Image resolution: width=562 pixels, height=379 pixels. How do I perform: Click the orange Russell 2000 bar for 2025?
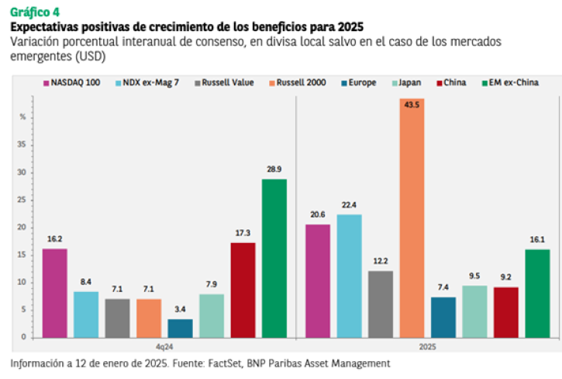click(x=412, y=218)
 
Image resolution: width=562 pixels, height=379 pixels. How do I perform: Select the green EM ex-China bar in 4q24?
click(x=274, y=259)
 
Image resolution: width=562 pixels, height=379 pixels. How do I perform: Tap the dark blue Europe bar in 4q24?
click(x=180, y=329)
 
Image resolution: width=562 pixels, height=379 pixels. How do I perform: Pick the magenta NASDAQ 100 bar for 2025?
click(x=318, y=281)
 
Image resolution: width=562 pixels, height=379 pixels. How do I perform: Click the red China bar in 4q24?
click(x=243, y=290)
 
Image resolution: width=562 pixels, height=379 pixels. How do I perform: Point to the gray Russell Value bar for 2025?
click(x=381, y=304)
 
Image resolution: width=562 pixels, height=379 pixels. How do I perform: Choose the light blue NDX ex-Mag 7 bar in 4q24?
click(x=86, y=315)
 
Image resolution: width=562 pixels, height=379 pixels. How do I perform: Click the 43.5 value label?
click(x=412, y=105)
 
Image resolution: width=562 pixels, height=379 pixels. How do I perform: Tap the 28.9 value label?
click(x=274, y=169)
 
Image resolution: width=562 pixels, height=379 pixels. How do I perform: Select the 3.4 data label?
click(x=180, y=309)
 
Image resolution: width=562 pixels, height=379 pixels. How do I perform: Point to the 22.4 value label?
click(x=349, y=205)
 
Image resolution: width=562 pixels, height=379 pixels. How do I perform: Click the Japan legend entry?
click(x=407, y=82)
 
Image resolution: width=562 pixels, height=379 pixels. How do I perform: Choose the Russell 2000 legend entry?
click(x=298, y=82)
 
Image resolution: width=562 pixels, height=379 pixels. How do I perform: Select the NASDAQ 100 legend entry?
click(x=71, y=82)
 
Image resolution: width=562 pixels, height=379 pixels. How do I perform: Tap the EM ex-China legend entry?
click(x=510, y=82)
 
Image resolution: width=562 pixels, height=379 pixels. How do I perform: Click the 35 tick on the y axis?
click(x=22, y=144)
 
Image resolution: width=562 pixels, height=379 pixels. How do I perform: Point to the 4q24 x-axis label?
click(x=164, y=347)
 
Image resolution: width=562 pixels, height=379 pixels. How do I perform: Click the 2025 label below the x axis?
click(x=428, y=347)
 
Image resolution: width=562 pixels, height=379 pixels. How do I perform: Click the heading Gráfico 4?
click(x=35, y=12)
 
